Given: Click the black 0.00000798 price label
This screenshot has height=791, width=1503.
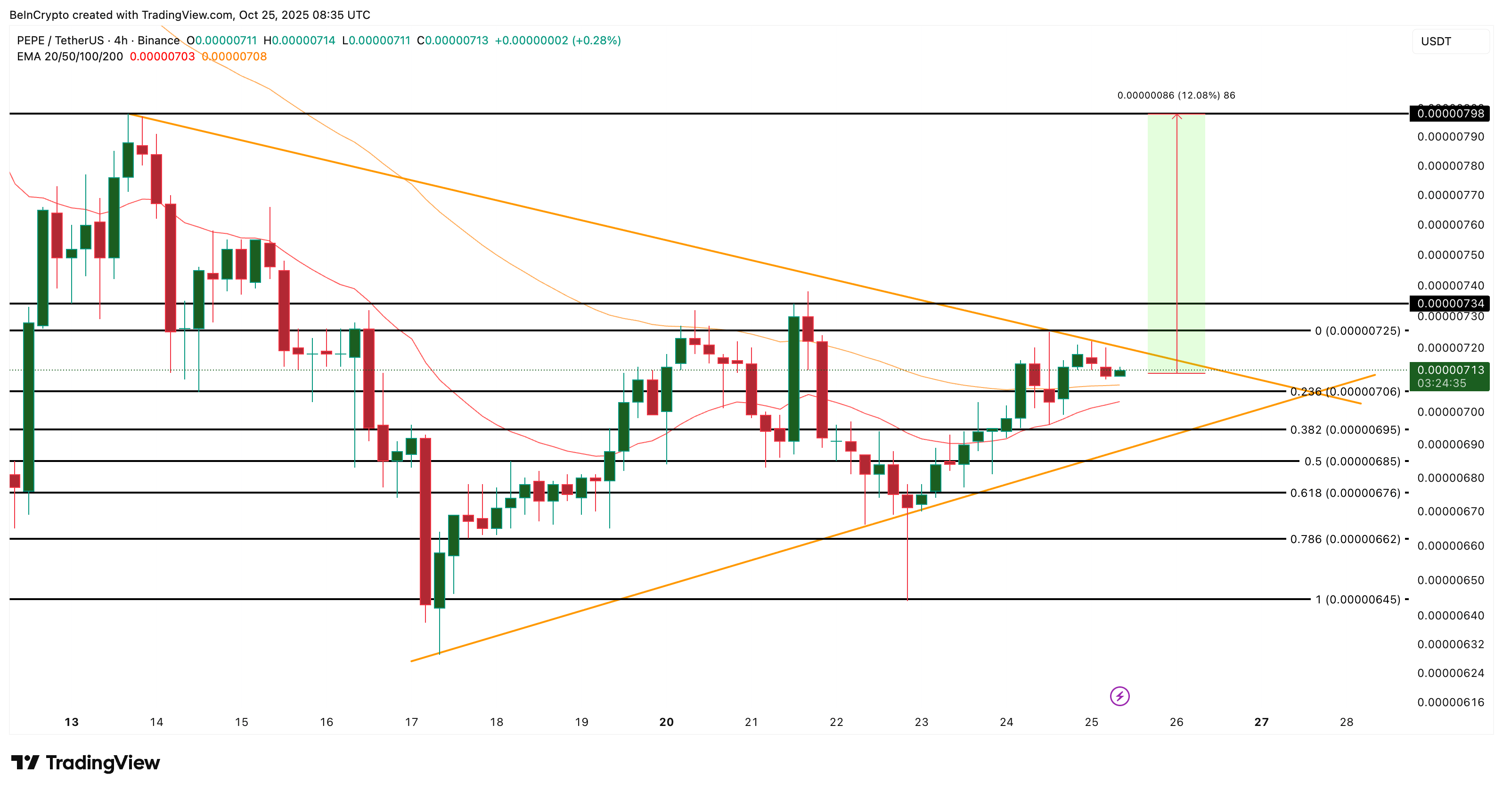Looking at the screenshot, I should tap(1450, 113).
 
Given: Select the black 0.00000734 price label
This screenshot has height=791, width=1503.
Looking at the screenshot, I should tap(1450, 304).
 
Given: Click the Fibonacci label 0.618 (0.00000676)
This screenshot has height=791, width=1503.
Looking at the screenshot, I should tap(1345, 493).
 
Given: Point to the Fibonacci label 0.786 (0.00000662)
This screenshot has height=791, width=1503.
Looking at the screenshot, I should tap(1345, 539).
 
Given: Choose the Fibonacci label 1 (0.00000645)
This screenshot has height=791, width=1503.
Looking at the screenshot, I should tap(1357, 600).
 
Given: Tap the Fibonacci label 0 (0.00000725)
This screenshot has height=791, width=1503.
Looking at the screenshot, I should tap(1357, 331).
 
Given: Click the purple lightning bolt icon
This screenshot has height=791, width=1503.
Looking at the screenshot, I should tap(1119, 696).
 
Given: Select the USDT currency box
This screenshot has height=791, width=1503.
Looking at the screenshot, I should tap(1450, 41).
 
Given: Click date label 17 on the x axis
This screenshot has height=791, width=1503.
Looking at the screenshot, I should tap(411, 722).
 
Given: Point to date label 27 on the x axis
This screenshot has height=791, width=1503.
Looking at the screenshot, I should tap(1261, 722).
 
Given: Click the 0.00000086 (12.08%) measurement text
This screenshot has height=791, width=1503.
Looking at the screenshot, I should tap(1176, 95).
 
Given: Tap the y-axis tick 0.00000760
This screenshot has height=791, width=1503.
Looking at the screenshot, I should tap(1451, 225).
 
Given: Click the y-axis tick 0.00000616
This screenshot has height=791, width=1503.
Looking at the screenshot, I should tap(1451, 702).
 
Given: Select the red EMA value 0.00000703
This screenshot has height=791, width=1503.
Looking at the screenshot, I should tap(162, 57).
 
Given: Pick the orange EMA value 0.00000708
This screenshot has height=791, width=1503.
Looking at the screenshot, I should tap(234, 57).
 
